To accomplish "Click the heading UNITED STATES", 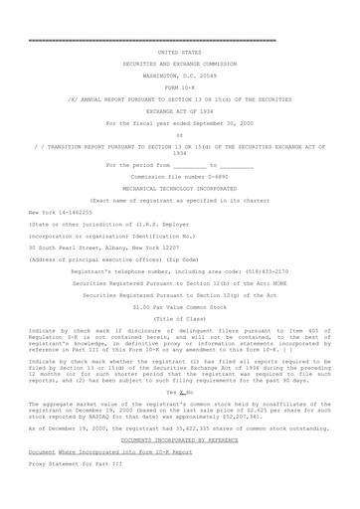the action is pos(179,48).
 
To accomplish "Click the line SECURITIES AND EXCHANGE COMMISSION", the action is pos(179,61).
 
